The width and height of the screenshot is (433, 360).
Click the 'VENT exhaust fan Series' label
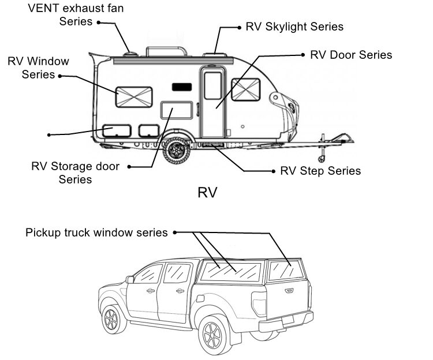pyautogui.click(x=76, y=15)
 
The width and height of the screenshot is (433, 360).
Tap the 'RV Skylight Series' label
pyautogui.click(x=294, y=27)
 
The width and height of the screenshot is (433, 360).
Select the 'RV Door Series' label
pyautogui.click(x=351, y=55)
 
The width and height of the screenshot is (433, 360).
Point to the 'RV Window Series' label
pyautogui.click(x=38, y=67)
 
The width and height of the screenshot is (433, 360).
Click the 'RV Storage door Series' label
pyautogui.click(x=75, y=172)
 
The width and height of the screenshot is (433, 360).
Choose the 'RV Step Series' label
pyautogui.click(x=320, y=171)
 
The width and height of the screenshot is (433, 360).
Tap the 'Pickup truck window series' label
pyautogui.click(x=96, y=232)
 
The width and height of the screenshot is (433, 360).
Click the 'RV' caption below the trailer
pyautogui.click(x=207, y=192)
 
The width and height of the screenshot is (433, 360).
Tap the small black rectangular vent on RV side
pyautogui.click(x=181, y=87)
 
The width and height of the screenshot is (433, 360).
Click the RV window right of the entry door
pyautogui.click(x=245, y=89)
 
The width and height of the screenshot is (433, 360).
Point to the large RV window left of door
pyautogui.click(x=133, y=97)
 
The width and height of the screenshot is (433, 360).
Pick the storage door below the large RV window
pyautogui.click(x=176, y=110)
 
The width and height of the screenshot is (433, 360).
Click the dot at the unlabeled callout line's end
pyautogui.click(x=49, y=135)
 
